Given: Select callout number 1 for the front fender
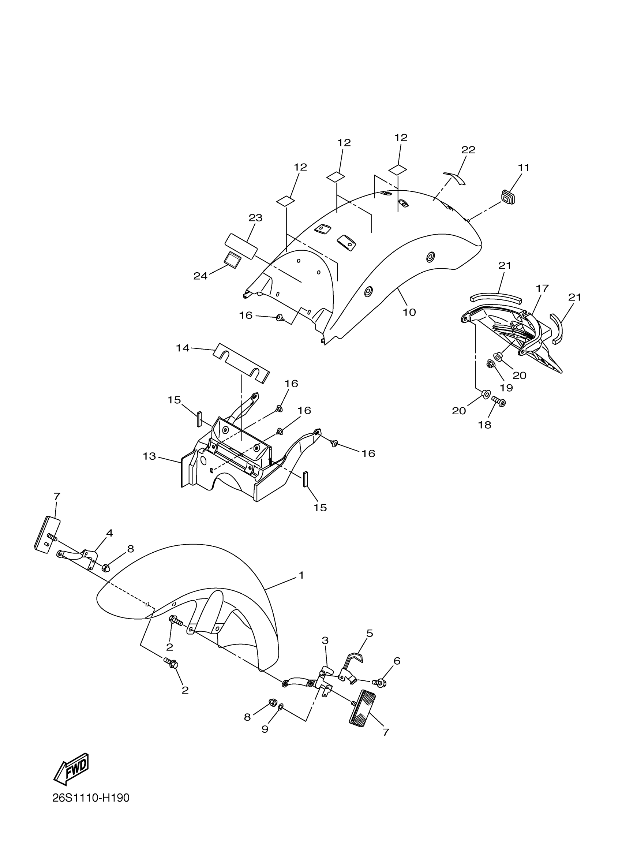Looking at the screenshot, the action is (301, 575).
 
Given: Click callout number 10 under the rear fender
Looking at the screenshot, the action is (409, 312).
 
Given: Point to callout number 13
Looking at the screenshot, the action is (149, 456).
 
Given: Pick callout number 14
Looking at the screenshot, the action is (183, 348).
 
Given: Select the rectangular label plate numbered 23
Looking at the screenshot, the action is (241, 246).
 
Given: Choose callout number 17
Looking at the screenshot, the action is (542, 289).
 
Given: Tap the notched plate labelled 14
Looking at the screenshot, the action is (241, 364).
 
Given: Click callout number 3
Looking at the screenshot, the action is (325, 640).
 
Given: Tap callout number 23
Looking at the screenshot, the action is (255, 218).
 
